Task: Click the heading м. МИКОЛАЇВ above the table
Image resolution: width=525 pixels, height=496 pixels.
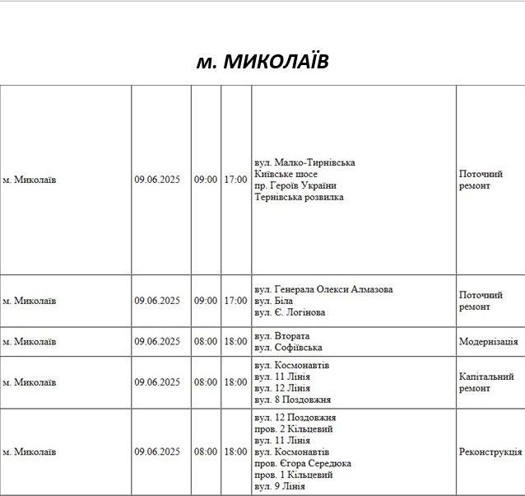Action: pos(262,62)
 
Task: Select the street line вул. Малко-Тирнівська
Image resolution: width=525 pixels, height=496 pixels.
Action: pos(304,162)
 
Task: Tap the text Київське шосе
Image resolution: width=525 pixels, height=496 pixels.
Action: pos(286,174)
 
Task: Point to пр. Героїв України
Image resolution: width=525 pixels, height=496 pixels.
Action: pos(295,185)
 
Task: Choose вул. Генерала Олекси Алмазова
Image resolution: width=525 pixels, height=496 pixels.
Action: pos(323,289)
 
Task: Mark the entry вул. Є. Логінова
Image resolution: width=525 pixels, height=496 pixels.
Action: pos(290,312)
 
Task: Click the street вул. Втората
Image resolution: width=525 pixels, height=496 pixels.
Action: pos(282,336)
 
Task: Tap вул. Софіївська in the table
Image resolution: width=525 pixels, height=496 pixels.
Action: pos(288,348)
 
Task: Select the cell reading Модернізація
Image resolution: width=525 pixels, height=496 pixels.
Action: pos(488,342)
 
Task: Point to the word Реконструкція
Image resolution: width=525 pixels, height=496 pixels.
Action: pos(490,452)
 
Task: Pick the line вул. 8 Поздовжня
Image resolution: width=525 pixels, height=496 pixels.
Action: pos(293,400)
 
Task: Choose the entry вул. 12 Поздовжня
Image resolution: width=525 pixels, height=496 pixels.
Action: pos(295,418)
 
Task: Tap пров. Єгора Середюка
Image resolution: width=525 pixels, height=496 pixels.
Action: pos(303,464)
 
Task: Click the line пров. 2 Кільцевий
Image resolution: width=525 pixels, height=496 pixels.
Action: pos(294,429)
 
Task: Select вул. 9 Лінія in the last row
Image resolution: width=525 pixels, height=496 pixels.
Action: pos(280,486)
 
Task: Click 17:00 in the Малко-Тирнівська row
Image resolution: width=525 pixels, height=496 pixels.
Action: pos(235,180)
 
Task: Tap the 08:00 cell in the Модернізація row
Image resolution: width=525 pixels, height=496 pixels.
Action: pos(206,342)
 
